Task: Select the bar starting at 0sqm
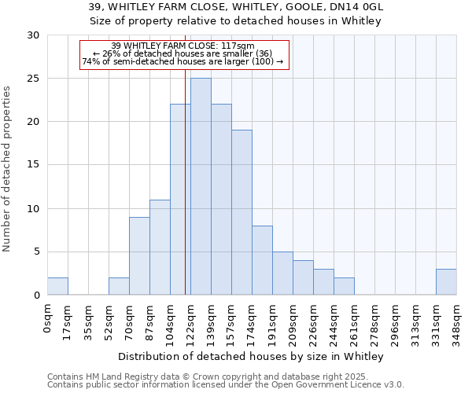pos(57,286)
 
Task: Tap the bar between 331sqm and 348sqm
pos(446,282)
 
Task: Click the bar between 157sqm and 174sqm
pos(242,212)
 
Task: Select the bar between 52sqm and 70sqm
pos(119,286)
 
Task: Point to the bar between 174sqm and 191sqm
pos(262,260)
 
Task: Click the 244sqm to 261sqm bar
pos(344,286)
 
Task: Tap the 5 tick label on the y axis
pos(36,252)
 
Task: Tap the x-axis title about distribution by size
pos(251,357)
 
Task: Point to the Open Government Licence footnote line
pos(226,385)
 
